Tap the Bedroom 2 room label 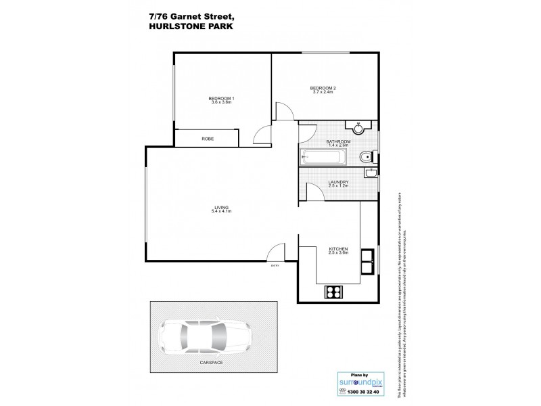(323, 87)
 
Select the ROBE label (208, 139)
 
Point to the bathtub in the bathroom (324, 158)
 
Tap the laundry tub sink (371, 173)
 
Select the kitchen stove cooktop (334, 292)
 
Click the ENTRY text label (275, 266)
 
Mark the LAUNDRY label (338, 181)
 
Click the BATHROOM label (338, 141)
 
